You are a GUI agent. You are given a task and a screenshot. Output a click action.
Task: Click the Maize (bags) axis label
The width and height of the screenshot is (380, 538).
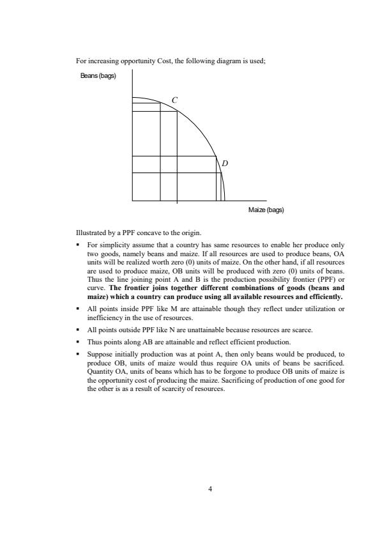point(265,210)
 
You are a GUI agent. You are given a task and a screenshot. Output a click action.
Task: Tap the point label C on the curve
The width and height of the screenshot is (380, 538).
point(174,100)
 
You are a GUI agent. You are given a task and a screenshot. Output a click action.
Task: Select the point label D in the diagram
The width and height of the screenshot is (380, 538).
point(224,164)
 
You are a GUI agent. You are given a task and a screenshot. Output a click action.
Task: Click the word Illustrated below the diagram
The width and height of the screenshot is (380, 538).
point(89,231)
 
